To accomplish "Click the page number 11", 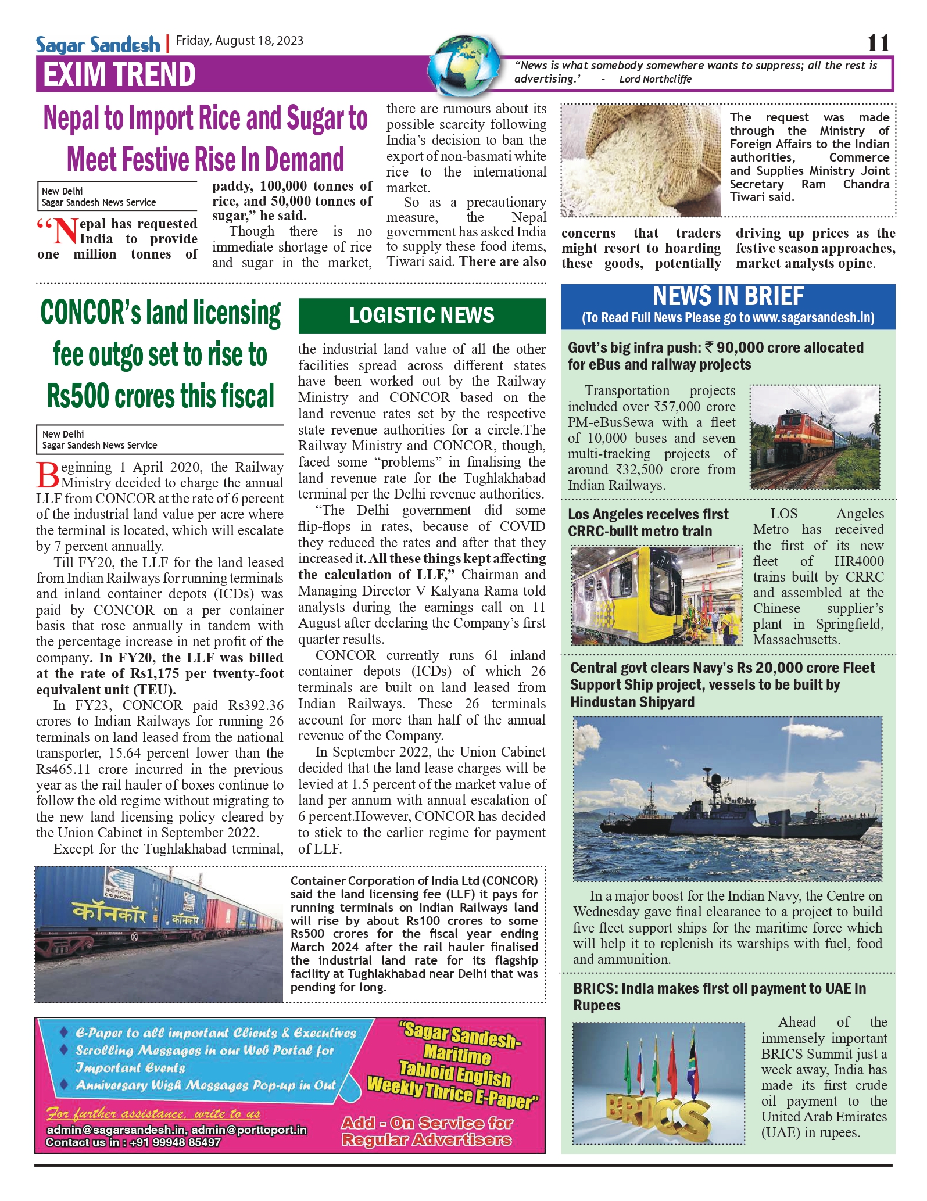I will pos(878,43).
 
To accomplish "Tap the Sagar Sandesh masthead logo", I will pos(98,44).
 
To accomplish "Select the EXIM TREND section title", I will pos(119,74).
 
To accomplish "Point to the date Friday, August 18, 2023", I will pos(239,40).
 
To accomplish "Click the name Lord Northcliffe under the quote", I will pos(655,79).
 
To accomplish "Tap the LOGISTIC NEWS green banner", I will pos(422,316).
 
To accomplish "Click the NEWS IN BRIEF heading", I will pos(728,296).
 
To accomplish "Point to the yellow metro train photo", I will pos(657,596).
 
